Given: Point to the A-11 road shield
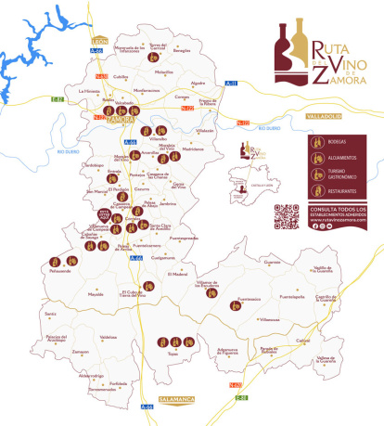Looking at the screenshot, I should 232,84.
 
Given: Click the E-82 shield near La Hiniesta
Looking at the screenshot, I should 57,98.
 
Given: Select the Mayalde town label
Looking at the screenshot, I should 95,294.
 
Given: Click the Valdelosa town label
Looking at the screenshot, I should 107,337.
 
